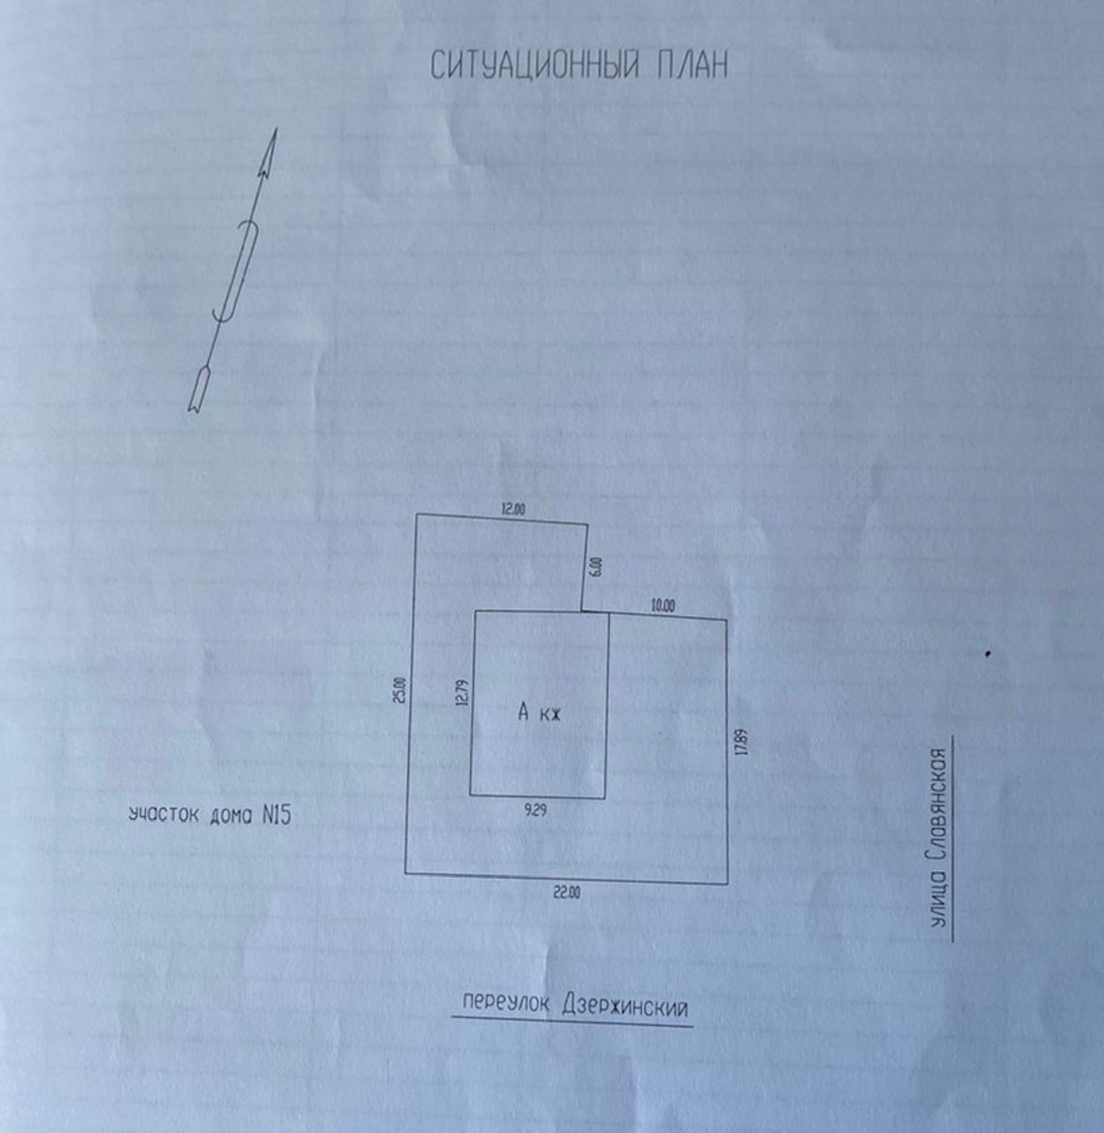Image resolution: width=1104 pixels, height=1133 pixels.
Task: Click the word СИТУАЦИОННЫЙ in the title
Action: tap(534, 66)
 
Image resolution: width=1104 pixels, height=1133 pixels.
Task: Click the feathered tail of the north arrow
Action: tap(198, 389)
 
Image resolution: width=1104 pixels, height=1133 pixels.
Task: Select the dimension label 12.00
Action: tap(513, 509)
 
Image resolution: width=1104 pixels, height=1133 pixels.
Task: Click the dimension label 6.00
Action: tap(595, 566)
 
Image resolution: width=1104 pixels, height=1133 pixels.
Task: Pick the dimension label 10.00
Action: tap(662, 606)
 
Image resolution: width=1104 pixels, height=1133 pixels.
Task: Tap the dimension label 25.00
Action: tap(399, 690)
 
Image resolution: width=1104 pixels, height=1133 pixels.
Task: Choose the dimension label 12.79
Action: tap(459, 692)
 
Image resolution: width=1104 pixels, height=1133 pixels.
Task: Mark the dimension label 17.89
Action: tap(741, 740)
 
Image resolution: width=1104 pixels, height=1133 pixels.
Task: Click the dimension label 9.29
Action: tap(535, 808)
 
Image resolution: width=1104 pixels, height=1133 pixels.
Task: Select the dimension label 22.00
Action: tap(567, 892)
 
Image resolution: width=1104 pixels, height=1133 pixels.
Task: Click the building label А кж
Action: tap(540, 713)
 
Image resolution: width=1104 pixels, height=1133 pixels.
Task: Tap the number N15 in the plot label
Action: tap(275, 815)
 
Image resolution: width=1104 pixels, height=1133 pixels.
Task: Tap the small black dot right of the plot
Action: tap(987, 654)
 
